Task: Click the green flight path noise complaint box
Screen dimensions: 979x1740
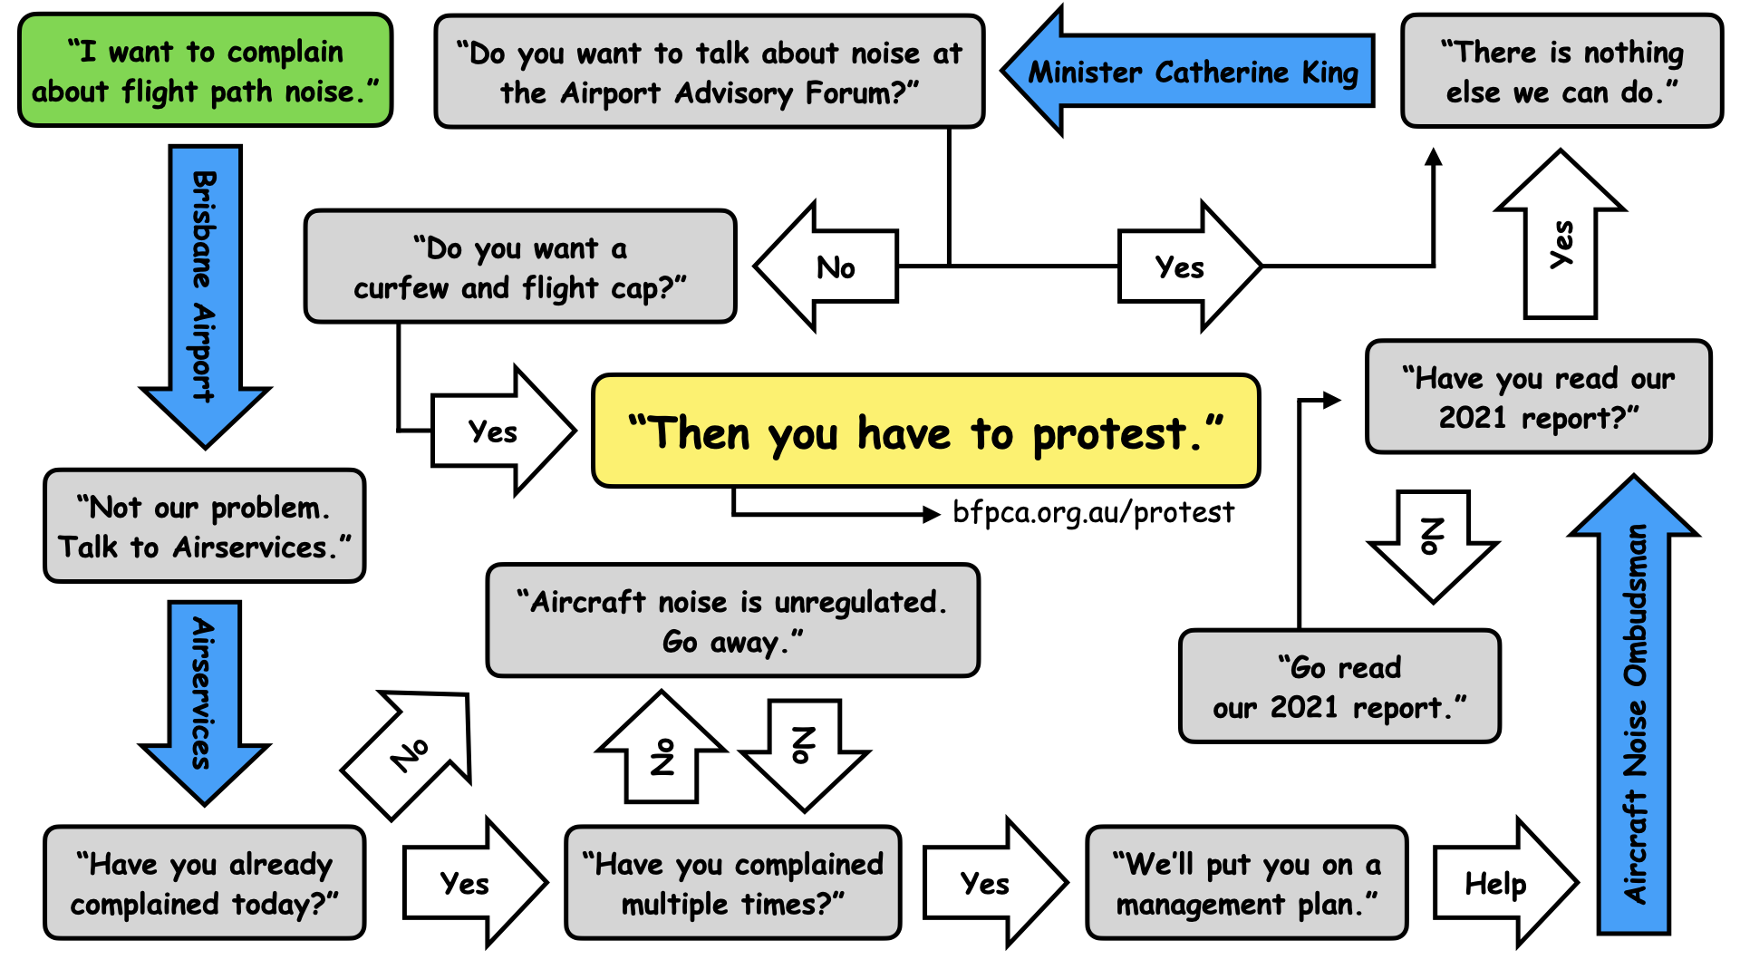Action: point(205,71)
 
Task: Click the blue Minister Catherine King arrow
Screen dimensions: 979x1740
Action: point(1192,72)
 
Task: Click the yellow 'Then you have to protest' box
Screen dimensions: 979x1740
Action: point(925,431)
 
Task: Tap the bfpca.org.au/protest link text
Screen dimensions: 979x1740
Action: point(1093,513)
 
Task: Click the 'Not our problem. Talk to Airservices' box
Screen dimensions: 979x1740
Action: point(205,527)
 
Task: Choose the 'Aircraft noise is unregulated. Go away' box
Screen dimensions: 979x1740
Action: point(732,621)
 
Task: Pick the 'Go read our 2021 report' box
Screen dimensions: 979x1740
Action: point(1339,686)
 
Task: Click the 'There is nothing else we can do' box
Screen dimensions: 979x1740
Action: point(1561,72)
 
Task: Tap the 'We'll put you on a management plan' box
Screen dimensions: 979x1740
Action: point(1247,883)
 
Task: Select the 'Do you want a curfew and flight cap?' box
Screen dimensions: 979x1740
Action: point(520,267)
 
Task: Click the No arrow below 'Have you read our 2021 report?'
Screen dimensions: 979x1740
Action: point(1432,541)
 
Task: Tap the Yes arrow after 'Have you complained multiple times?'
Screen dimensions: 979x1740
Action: point(988,883)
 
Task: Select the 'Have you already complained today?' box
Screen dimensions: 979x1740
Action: point(205,883)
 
